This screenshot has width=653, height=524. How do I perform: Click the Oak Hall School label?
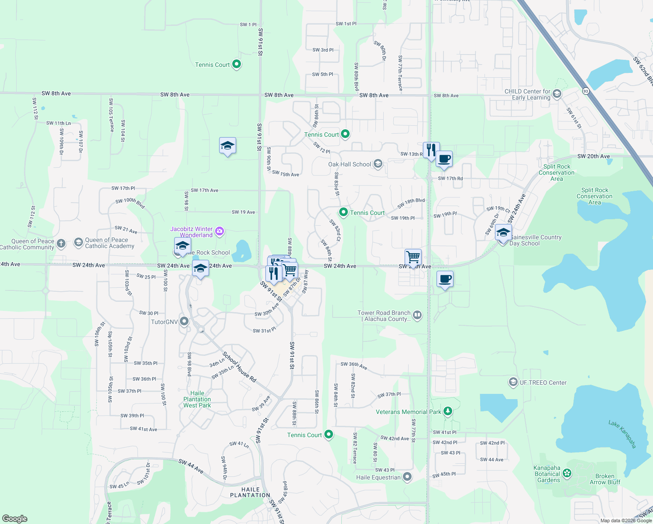(350, 165)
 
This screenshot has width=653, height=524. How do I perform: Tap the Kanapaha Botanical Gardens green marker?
(567, 473)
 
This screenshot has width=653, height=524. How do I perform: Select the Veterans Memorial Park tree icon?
(447, 411)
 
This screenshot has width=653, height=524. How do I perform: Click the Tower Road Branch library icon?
(417, 315)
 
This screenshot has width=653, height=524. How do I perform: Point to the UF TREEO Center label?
(543, 383)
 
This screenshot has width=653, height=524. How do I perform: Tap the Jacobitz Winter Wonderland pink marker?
(220, 231)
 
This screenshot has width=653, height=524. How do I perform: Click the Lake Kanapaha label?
(622, 434)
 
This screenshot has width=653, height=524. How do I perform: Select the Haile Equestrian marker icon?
(407, 477)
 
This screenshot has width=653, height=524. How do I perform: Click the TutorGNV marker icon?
(184, 322)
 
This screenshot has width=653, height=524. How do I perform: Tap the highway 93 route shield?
(585, 91)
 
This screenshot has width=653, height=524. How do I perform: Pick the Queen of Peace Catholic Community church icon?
(61, 243)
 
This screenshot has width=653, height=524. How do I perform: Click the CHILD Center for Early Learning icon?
(557, 94)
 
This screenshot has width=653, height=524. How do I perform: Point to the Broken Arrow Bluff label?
(605, 479)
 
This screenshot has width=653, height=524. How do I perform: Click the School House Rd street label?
(239, 367)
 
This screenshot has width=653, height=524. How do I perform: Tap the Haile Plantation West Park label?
(197, 400)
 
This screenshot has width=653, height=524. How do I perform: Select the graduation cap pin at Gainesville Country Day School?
(503, 233)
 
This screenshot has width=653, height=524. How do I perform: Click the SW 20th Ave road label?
(593, 156)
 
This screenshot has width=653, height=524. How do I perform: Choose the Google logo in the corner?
(14, 518)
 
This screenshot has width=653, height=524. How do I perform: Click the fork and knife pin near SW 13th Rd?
(431, 151)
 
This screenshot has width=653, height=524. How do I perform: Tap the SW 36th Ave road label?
(354, 365)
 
